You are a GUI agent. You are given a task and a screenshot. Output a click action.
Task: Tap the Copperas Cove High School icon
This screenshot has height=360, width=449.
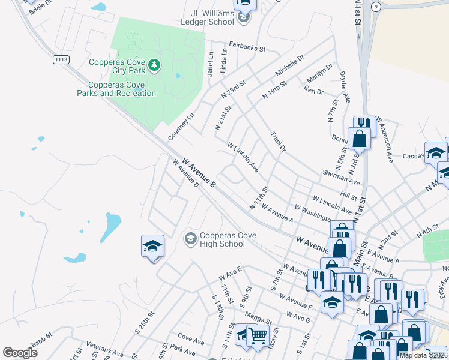click(x=190, y=239)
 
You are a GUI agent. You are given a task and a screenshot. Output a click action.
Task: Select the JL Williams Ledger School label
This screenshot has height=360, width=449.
click(x=207, y=17)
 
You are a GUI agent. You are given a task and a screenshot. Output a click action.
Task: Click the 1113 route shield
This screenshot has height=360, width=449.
click(x=61, y=59)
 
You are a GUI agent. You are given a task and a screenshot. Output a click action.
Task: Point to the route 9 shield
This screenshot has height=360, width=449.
click(x=375, y=7)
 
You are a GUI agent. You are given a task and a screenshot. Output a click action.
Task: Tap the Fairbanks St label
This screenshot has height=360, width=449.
click(x=246, y=45)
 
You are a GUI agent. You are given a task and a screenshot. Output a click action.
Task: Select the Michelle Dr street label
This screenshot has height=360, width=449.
click(x=290, y=65)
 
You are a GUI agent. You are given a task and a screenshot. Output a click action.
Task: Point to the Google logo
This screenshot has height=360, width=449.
click(x=20, y=353)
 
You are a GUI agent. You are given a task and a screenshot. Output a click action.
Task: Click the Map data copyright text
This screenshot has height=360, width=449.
click(x=423, y=355)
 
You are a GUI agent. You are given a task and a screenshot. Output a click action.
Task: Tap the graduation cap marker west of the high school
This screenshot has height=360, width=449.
click(x=152, y=246)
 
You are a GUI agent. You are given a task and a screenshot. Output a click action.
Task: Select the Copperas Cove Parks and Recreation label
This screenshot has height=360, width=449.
click(x=116, y=89)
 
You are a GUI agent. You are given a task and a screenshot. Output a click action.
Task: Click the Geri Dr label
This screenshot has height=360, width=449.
click(x=314, y=91)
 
